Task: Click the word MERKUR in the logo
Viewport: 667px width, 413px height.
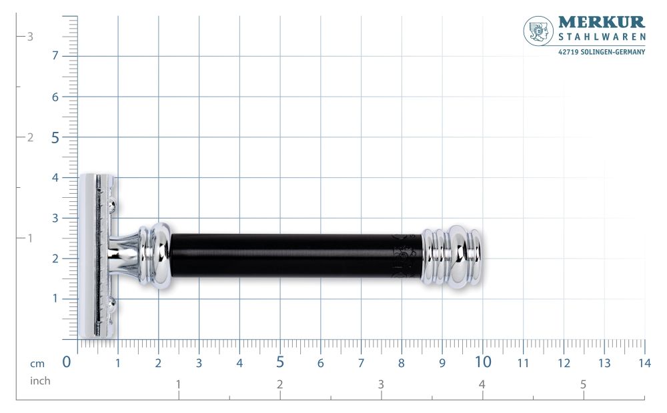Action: click(601, 23)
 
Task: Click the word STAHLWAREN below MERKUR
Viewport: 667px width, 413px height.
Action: click(601, 39)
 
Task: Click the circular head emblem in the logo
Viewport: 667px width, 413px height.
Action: click(538, 31)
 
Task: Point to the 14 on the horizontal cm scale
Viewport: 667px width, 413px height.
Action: click(644, 364)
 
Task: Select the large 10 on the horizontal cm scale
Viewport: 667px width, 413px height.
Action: click(483, 362)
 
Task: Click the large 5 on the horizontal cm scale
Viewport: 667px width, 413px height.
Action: click(280, 362)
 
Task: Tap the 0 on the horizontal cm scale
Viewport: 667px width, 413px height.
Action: click(67, 362)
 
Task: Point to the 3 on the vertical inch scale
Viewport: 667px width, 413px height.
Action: click(29, 37)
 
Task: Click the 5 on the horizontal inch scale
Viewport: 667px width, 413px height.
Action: click(583, 384)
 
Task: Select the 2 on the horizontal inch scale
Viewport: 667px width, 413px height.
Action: click(279, 384)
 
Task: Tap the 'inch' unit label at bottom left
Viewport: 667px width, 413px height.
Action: click(39, 381)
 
